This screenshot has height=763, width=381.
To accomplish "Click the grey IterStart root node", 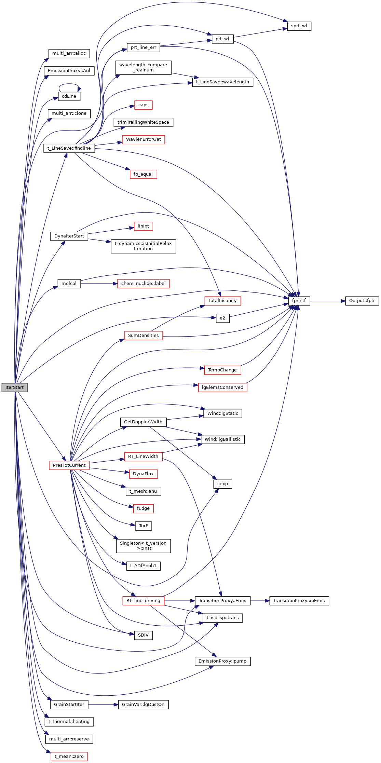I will (x=14, y=387).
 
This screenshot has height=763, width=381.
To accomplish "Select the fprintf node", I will (x=299, y=301).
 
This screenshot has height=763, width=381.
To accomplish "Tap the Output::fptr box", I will (x=362, y=301).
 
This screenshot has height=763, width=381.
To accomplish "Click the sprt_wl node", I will (x=299, y=26).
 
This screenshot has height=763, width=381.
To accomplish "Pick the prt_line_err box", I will (x=144, y=47).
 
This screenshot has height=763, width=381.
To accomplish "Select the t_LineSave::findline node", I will (x=69, y=148).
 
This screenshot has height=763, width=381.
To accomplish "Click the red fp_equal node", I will (x=143, y=174).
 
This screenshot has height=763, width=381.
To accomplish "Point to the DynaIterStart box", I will (x=69, y=236).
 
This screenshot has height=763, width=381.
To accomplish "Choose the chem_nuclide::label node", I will (x=143, y=284).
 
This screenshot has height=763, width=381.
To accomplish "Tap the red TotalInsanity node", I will (x=222, y=301).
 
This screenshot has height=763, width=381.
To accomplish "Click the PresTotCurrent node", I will (x=69, y=465).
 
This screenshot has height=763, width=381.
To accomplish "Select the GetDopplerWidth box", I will (x=143, y=422).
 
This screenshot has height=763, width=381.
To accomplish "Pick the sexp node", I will (x=222, y=484).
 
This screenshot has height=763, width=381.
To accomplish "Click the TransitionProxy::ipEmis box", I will (x=299, y=601).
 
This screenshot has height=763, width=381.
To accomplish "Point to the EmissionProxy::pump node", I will (x=222, y=661).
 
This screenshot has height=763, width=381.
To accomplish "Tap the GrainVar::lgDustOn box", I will (x=143, y=705).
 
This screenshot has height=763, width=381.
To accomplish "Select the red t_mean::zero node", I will (x=69, y=757).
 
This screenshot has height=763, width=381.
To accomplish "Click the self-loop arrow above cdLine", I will (x=69, y=84).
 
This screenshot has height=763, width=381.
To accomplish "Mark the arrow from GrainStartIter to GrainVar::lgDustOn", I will (x=103, y=705).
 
